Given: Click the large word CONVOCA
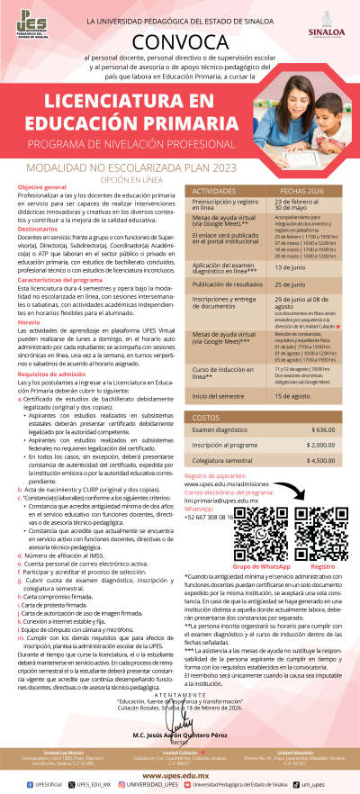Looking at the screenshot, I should pyautogui.click(x=180, y=41).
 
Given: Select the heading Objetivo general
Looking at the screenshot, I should pyautogui.click(x=43, y=186).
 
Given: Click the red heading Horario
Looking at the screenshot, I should pyautogui.click(x=28, y=322).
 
